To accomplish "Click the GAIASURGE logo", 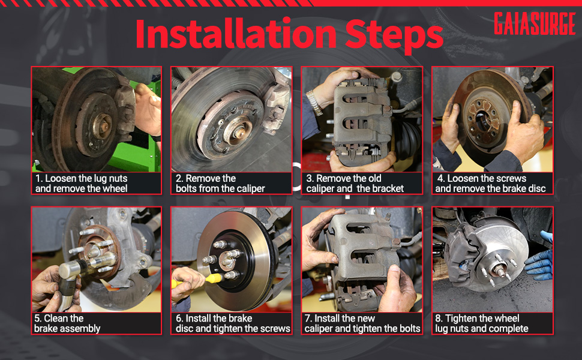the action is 535,23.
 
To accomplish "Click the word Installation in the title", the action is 236,34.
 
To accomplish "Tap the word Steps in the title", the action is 394,36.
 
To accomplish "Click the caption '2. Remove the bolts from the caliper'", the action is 220,184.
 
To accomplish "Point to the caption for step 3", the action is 355,184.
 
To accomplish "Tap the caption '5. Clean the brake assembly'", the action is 67,323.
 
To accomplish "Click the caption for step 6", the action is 233,323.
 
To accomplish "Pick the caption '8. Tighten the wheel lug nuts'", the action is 481,323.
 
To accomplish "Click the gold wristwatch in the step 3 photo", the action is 314,103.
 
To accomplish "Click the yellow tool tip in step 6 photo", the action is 214,278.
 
